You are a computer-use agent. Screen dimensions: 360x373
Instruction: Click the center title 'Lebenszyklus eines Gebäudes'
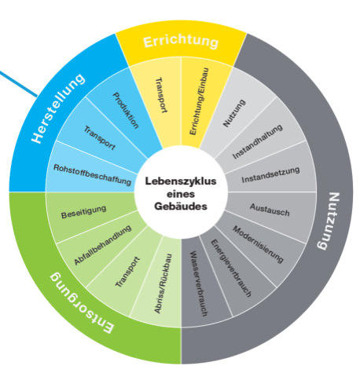click(181, 194)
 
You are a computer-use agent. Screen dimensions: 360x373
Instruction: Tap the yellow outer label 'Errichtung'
click(181, 42)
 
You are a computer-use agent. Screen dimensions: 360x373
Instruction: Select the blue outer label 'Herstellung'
click(58, 108)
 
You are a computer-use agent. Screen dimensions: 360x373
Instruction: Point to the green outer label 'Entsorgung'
click(82, 303)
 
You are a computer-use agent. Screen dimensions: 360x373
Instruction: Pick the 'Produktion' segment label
click(126, 110)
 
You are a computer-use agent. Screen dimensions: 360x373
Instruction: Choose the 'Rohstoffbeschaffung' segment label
click(92, 175)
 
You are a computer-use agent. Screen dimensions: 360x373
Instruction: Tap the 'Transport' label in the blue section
click(100, 138)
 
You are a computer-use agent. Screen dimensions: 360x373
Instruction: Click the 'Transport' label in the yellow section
click(162, 94)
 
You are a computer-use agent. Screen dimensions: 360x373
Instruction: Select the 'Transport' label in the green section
click(128, 272)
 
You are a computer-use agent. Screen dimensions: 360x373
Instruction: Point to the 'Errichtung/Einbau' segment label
click(199, 101)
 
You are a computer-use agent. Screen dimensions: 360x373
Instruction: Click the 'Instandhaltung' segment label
click(258, 141)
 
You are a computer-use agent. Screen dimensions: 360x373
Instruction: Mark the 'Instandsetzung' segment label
click(270, 174)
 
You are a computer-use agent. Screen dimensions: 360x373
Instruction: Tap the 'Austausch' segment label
click(270, 210)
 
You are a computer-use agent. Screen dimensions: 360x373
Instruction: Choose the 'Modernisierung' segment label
click(258, 244)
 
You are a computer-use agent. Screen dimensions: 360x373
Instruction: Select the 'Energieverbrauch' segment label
click(231, 268)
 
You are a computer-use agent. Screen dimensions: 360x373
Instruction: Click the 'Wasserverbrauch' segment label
click(199, 283)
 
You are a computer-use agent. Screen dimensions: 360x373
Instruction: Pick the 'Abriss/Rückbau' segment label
click(163, 283)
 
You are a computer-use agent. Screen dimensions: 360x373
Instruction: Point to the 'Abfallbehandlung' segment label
click(102, 244)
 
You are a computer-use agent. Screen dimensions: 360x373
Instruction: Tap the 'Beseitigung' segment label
click(83, 212)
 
